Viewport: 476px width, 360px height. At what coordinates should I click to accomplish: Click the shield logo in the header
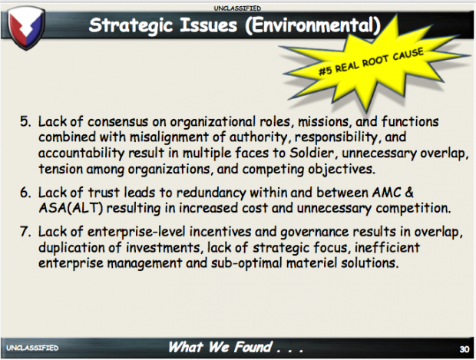coord(26,28)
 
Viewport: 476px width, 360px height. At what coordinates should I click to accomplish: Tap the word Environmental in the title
coord(313,25)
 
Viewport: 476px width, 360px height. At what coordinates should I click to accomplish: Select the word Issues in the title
coord(209,25)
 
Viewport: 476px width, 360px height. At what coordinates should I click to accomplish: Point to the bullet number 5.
coord(25,121)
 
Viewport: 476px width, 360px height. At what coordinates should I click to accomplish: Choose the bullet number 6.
coord(25,193)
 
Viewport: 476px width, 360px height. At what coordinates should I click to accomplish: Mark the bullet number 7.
coord(25,232)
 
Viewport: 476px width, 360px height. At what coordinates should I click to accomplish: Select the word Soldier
coord(314,153)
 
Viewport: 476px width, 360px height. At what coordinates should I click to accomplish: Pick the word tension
coord(61,169)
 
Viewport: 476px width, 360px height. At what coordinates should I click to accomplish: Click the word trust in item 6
coord(104,193)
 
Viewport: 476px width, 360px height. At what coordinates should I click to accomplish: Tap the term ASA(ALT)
coord(71,208)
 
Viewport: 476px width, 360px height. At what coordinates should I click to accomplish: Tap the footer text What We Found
coord(220,347)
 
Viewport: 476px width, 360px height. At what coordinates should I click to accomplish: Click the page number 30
coord(464,349)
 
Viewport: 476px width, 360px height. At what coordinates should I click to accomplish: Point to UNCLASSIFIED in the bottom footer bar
coord(32,348)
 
